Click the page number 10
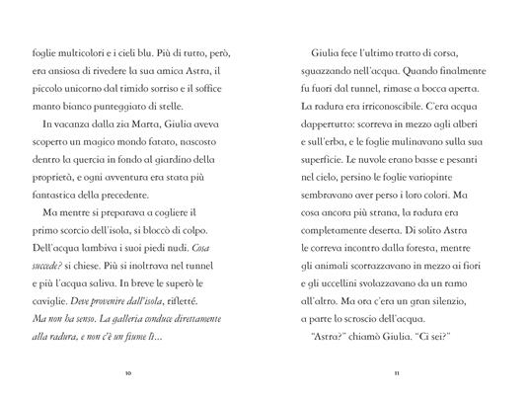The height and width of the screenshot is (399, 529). pyautogui.click(x=129, y=373)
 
